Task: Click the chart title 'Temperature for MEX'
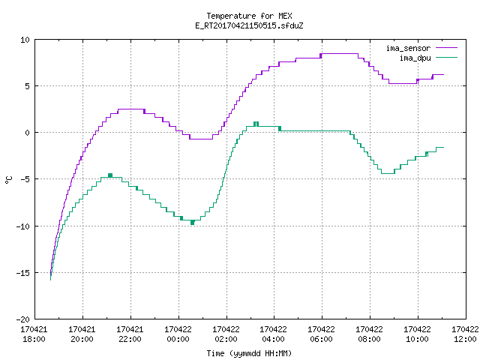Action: click(249, 16)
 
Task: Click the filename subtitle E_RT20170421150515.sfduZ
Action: click(249, 25)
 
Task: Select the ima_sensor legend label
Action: click(408, 48)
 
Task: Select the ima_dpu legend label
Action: click(415, 58)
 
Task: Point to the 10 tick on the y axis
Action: click(25, 40)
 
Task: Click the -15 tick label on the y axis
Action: click(23, 273)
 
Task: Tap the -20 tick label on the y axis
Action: click(23, 319)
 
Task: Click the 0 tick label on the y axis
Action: click(28, 133)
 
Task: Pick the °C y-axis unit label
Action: click(8, 180)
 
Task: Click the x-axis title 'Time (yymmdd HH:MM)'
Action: click(249, 353)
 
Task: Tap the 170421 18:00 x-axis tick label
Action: click(34, 334)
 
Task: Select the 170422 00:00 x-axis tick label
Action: click(178, 334)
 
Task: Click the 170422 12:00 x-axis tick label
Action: click(465, 334)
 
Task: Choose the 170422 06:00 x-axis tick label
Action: click(321, 334)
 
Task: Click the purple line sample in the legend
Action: click(446, 48)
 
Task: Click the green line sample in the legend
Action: click(446, 58)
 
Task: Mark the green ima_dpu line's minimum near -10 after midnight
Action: click(192, 223)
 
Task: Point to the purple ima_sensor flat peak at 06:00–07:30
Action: click(340, 54)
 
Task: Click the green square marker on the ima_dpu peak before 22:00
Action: click(110, 175)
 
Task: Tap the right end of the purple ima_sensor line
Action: click(443, 75)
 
